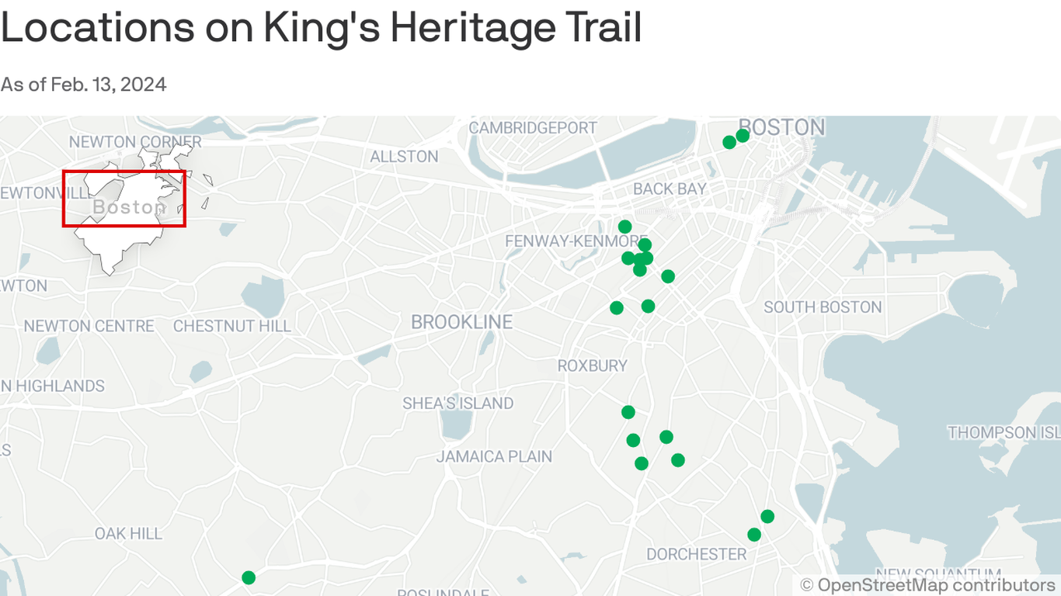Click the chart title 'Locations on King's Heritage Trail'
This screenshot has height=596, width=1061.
click(321, 28)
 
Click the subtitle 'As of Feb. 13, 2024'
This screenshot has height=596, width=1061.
click(83, 85)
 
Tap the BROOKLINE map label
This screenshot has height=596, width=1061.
click(461, 322)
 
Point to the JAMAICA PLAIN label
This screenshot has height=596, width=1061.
click(494, 456)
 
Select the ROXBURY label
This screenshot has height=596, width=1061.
click(592, 366)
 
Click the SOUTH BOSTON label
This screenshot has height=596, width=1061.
click(823, 307)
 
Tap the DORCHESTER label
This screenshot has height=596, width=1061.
click(696, 554)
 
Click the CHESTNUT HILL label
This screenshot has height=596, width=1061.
click(231, 326)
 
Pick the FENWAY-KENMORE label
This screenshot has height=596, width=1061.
click(576, 241)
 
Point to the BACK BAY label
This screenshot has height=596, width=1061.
click(670, 189)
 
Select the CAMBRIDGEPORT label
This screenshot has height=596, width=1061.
click(533, 127)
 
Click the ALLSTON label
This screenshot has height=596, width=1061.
click(404, 157)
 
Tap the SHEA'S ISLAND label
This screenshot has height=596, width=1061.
click(457, 404)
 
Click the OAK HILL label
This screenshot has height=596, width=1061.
click(128, 534)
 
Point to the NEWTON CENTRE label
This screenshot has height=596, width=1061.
click(89, 326)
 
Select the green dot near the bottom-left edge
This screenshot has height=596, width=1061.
click(249, 577)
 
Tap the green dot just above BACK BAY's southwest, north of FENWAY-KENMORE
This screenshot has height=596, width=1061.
click(624, 227)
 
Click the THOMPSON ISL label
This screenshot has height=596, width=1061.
click(1003, 432)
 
